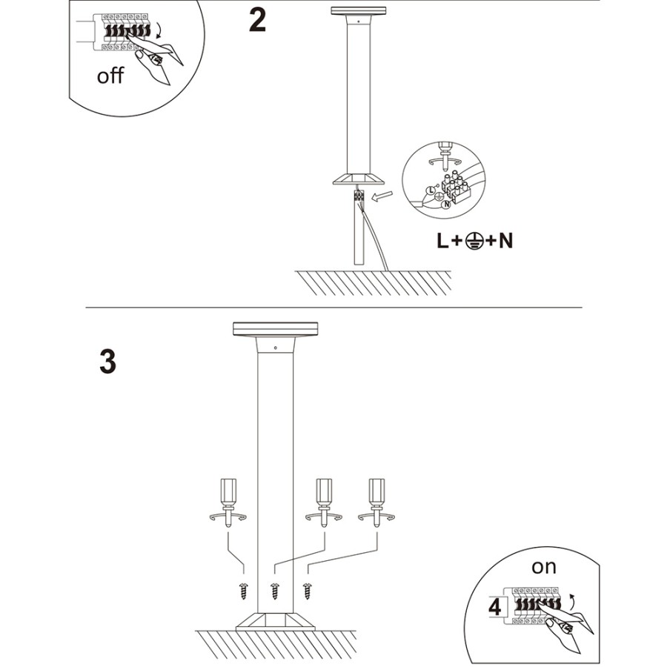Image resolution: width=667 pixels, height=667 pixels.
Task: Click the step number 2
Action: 257,20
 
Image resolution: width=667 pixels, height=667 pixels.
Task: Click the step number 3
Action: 107,361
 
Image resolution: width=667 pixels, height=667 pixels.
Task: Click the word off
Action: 111,76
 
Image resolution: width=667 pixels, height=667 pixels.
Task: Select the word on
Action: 543,567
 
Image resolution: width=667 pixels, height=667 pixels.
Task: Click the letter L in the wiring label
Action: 443,241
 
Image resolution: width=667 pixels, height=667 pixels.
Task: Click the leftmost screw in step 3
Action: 243,591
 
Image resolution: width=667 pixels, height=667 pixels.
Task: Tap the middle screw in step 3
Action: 275,591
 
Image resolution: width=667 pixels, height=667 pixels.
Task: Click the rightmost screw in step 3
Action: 307,591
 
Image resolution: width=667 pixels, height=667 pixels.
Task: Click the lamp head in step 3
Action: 274,330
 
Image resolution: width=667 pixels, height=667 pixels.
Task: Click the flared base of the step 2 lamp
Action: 359,179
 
